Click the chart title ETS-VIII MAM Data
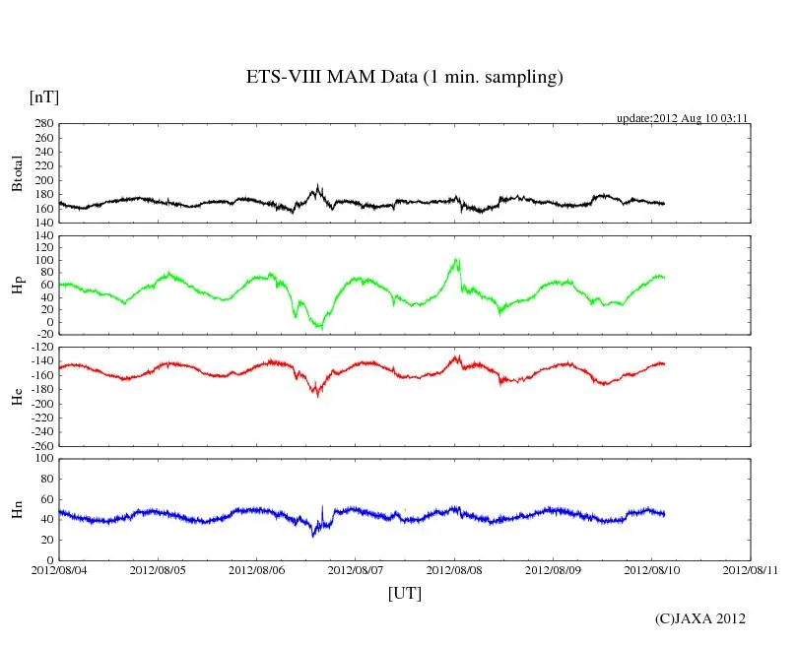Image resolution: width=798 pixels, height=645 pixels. click(404, 78)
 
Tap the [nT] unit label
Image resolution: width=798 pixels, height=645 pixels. click(44, 97)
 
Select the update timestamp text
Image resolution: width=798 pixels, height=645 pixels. click(683, 117)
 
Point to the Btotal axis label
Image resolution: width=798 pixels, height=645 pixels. click(17, 173)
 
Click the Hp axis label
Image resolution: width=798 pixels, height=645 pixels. click(17, 285)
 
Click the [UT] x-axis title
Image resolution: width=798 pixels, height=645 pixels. click(404, 594)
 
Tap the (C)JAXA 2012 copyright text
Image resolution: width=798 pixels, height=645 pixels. click(700, 618)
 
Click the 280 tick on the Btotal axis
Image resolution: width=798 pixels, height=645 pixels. click(42, 124)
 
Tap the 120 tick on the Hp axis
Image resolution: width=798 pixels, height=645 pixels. click(42, 236)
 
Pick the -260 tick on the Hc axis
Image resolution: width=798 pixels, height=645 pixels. click(39, 446)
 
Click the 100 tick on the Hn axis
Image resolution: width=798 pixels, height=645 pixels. click(42, 459)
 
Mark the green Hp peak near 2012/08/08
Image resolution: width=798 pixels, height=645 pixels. click(456, 260)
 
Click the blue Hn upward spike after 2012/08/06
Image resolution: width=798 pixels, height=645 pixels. click(322, 507)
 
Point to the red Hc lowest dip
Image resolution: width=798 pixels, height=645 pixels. click(317, 394)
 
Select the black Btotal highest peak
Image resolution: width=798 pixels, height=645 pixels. click(318, 185)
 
